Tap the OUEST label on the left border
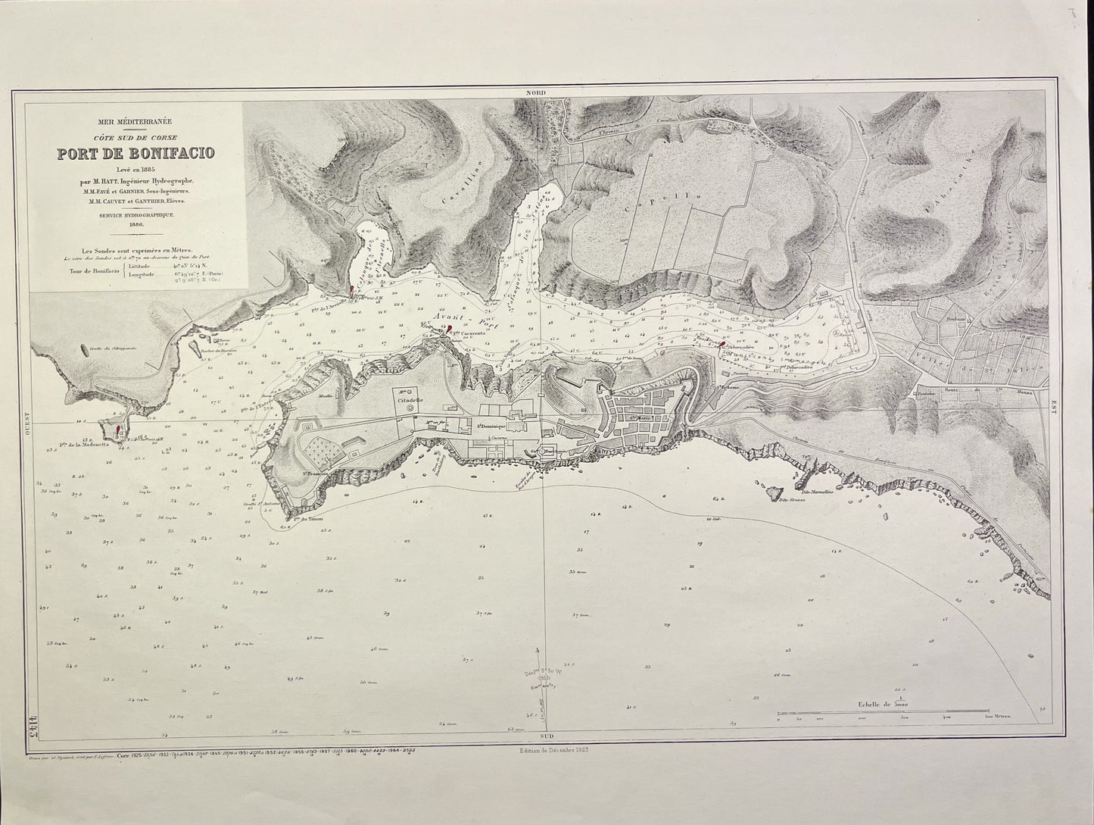(26, 421)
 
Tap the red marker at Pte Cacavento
(450, 330)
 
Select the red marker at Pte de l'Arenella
(352, 289)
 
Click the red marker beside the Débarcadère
(722, 345)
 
